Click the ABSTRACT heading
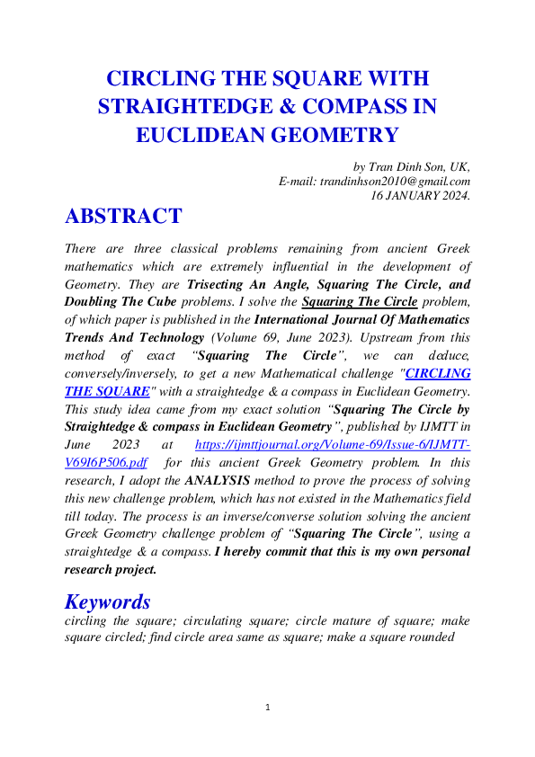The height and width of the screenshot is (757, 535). pyautogui.click(x=123, y=217)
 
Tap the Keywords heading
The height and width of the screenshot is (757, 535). pyautogui.click(x=109, y=601)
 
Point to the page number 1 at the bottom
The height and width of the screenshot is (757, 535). pyautogui.click(x=268, y=708)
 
